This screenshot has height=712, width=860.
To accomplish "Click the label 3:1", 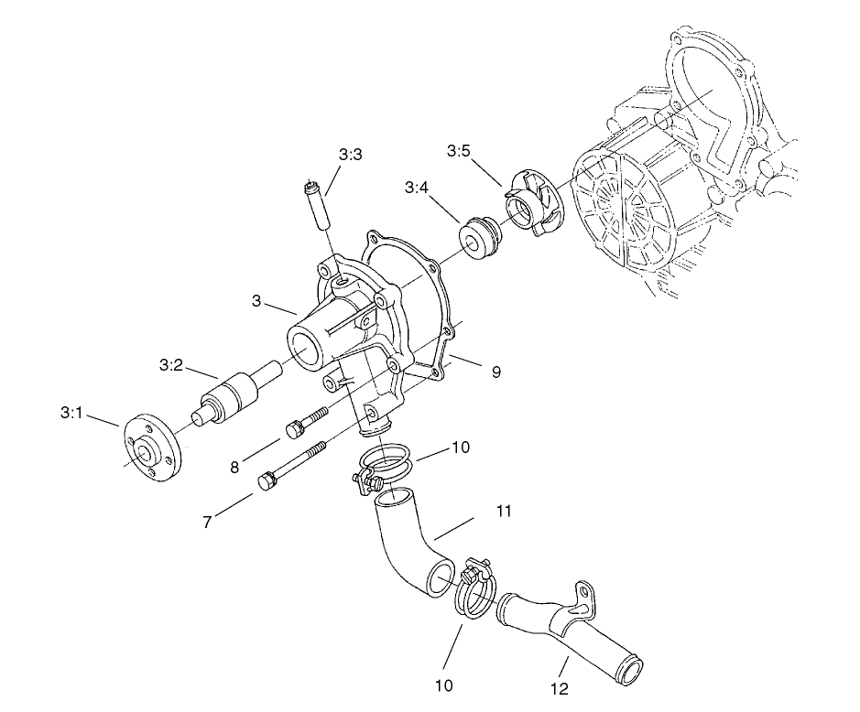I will pyautogui.click(x=71, y=413).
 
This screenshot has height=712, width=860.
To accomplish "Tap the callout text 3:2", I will pyautogui.click(x=171, y=365).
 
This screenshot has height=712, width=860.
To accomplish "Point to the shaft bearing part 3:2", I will pyautogui.click(x=237, y=394).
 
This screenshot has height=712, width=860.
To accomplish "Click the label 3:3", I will pyautogui.click(x=350, y=156).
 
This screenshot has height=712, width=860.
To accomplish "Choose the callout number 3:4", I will pyautogui.click(x=416, y=188).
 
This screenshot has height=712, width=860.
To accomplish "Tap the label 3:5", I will pyautogui.click(x=459, y=150).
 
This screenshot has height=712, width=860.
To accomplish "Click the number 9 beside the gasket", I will pyautogui.click(x=495, y=372).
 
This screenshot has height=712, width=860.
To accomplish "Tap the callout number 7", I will pyautogui.click(x=208, y=523).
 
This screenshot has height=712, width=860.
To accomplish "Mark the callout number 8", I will pyautogui.click(x=234, y=468).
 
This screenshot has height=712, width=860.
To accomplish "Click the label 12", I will pyautogui.click(x=561, y=687).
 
